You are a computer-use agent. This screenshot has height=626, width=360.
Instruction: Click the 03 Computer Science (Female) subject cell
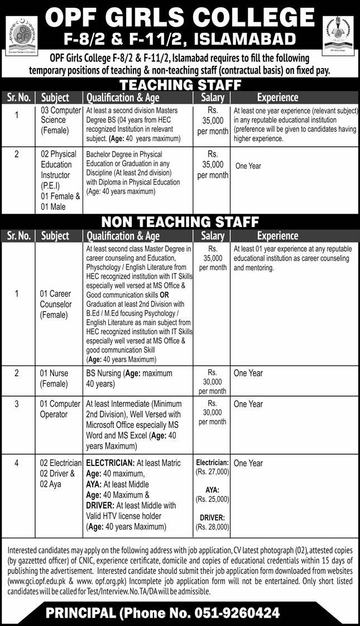[61, 120]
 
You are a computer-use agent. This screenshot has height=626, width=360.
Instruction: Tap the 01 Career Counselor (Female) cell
[56, 304]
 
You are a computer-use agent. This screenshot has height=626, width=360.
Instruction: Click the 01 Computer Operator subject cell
[61, 409]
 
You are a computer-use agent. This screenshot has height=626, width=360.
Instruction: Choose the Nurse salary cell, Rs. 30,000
[213, 381]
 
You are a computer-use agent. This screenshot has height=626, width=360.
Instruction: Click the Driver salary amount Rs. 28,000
[213, 526]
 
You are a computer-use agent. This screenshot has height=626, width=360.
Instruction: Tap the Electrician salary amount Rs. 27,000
[213, 472]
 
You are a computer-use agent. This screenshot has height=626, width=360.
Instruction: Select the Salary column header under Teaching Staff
[213, 97]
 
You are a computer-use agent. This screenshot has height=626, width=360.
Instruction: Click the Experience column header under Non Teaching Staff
[278, 236]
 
